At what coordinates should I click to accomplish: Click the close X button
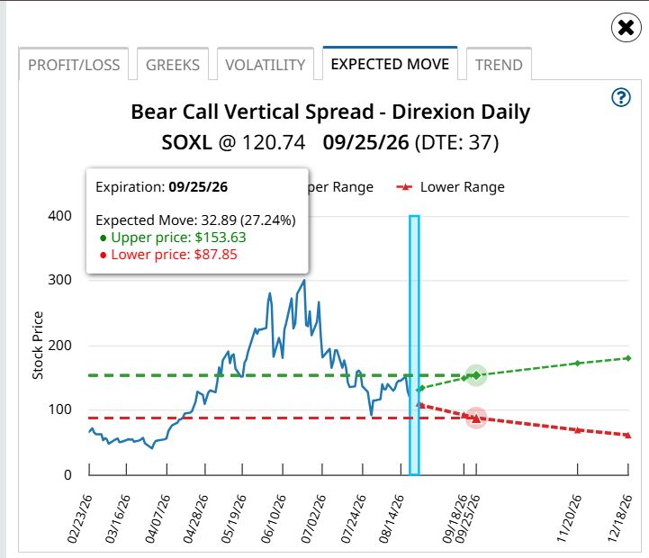point(626,28)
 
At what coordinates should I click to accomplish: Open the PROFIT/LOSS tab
point(74,65)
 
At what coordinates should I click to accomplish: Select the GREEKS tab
point(173,65)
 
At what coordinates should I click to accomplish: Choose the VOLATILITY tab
point(266,65)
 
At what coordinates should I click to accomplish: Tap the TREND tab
point(499,65)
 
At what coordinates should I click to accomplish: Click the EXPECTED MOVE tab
point(390,64)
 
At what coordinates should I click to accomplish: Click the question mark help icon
point(621,98)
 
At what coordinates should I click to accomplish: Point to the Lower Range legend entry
point(450,187)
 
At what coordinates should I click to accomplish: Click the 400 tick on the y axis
point(59,216)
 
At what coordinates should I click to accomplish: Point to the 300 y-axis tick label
point(59,280)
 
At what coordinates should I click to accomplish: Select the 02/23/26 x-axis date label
point(79,518)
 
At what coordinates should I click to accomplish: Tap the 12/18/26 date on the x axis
point(619,518)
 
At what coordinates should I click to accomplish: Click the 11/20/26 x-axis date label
point(568,518)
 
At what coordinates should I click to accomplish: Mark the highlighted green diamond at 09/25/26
point(476,375)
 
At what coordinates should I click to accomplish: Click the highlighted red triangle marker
point(476,418)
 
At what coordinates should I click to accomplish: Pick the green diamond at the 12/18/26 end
point(628,358)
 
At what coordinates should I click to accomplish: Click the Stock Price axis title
point(38,346)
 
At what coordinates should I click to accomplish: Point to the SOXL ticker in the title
point(186,142)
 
